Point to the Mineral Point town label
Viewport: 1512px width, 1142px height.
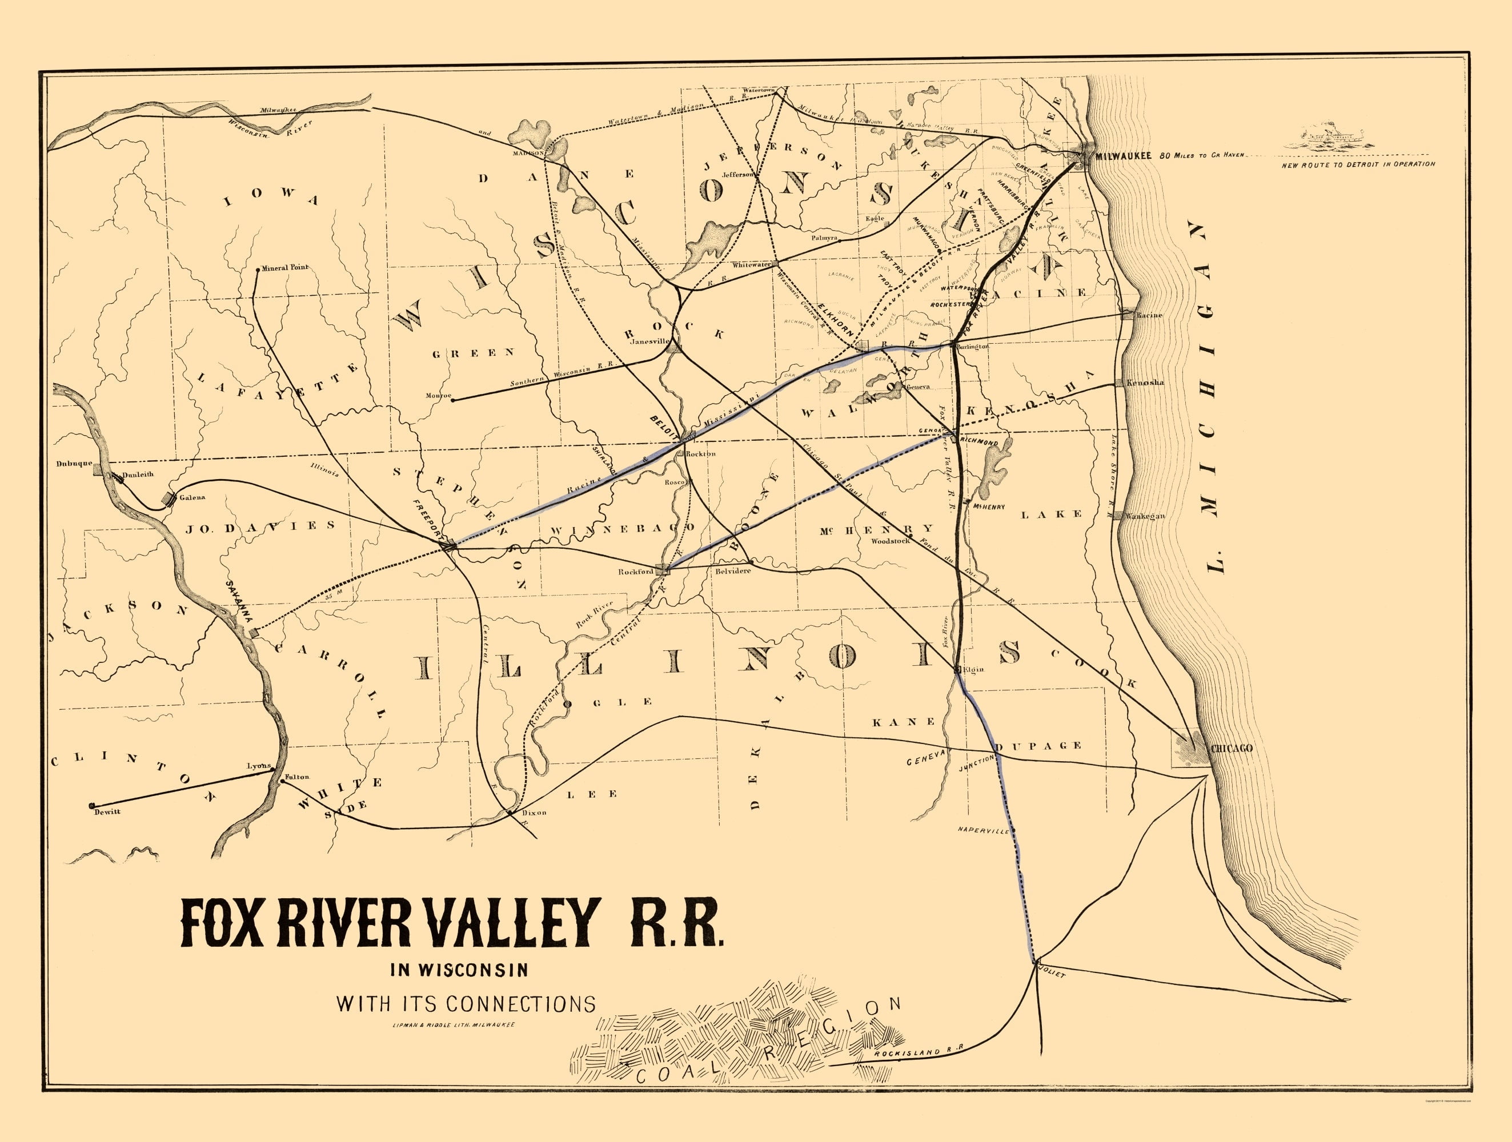tap(286, 267)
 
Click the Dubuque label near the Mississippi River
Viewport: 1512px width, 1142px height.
tap(74, 463)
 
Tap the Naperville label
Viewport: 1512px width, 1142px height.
tap(983, 830)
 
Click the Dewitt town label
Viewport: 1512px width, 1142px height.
tap(108, 811)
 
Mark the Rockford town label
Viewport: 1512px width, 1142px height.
tap(636, 572)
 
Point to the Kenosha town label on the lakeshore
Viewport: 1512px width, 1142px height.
tap(1145, 382)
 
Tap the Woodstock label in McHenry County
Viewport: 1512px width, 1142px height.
tap(890, 541)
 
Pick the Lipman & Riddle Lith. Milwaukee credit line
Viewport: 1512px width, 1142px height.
tap(453, 1025)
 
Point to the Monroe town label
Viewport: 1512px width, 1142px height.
tap(438, 395)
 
